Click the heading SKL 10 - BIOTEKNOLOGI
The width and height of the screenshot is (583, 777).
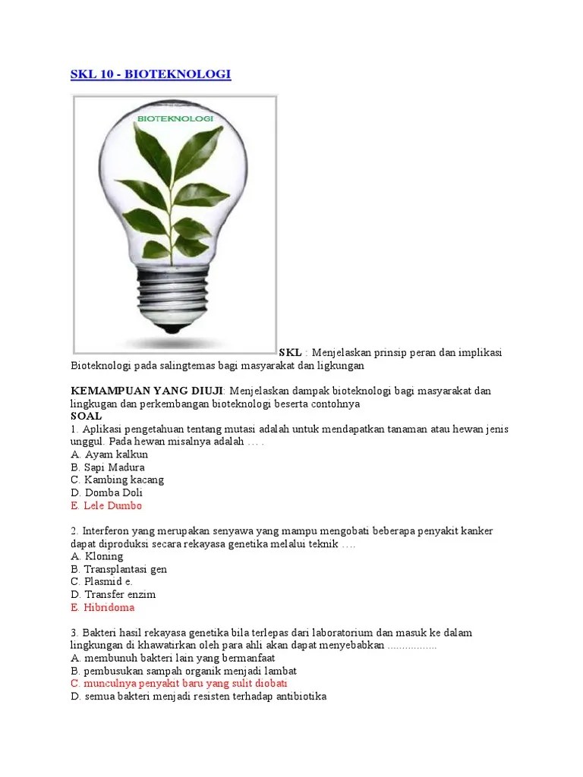[x=150, y=74]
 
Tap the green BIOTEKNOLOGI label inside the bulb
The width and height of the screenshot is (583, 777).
[x=175, y=120]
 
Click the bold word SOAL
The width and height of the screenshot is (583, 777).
[x=86, y=417]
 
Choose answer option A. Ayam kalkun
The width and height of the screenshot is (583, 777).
[x=109, y=455]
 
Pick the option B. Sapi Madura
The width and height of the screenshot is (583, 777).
[x=108, y=467]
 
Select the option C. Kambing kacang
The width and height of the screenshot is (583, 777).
[x=117, y=480]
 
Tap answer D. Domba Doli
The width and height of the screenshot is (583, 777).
[x=106, y=493]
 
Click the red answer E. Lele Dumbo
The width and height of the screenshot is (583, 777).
[x=106, y=506]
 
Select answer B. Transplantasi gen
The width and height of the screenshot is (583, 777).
[x=118, y=569]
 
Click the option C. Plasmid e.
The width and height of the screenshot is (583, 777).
[x=102, y=582]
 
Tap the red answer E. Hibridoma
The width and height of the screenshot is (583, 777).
[x=102, y=608]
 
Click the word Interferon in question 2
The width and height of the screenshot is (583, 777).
[x=108, y=531]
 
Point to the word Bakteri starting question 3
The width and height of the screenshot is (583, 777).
[x=100, y=633]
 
